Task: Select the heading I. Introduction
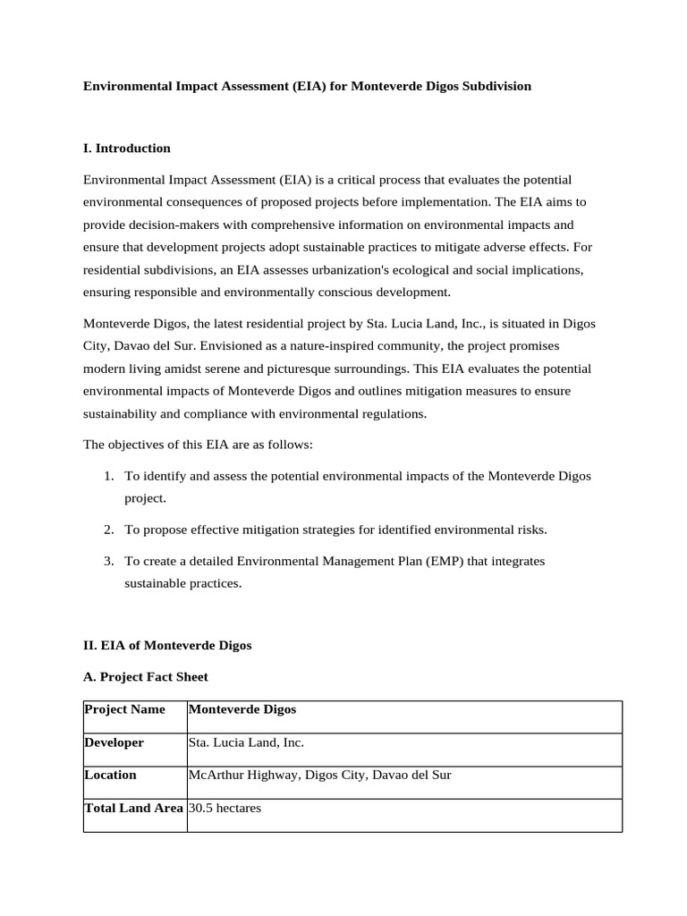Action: (x=126, y=148)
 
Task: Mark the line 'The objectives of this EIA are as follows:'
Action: (x=198, y=445)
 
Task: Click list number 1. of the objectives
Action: (x=108, y=476)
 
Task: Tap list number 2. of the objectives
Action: (x=108, y=530)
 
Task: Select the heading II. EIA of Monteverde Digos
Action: (x=167, y=645)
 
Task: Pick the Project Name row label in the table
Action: (x=124, y=709)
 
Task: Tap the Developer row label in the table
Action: (x=114, y=742)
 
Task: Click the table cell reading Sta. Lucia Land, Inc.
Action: (x=246, y=742)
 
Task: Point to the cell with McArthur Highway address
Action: (x=319, y=775)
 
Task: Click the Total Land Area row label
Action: (x=133, y=808)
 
